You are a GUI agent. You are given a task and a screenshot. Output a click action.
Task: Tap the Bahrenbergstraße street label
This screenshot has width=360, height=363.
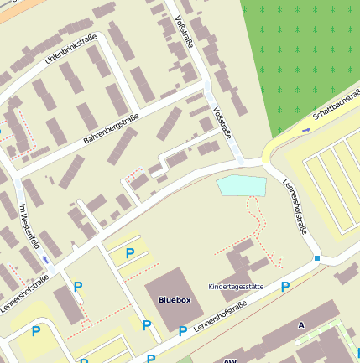(x=110, y=132)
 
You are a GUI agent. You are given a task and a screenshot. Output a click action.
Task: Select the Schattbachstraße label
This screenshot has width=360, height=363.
(x=335, y=108)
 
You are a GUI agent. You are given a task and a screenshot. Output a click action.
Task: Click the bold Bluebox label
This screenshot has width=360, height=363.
(x=175, y=298)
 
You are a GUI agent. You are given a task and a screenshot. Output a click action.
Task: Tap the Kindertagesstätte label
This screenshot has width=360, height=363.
(x=236, y=287)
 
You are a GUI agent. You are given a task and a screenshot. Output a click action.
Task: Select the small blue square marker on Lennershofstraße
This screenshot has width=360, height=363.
(x=317, y=258)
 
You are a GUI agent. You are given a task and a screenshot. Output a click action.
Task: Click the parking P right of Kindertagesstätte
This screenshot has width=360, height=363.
(x=285, y=288)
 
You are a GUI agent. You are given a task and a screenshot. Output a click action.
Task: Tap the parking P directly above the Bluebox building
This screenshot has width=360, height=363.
(x=129, y=253)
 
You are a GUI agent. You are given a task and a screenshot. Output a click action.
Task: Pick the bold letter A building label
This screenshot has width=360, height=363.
(x=300, y=324)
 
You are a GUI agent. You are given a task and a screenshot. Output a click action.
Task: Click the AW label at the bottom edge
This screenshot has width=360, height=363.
(x=231, y=360)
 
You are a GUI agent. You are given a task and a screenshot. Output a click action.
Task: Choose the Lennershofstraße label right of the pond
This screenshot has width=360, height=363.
(x=295, y=205)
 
